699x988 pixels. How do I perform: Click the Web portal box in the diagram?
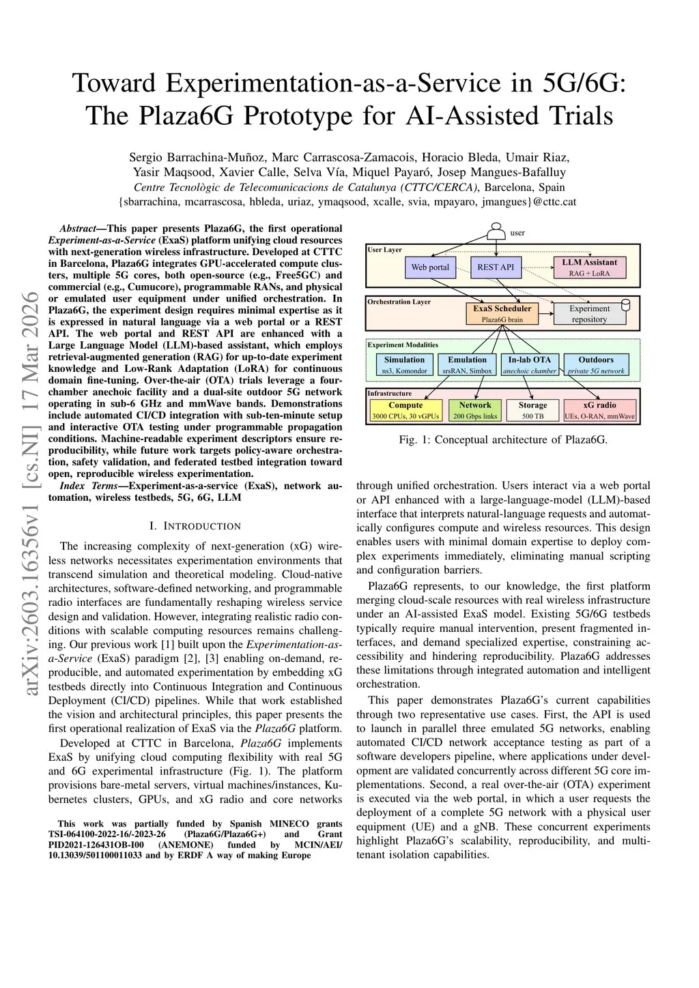point(430,267)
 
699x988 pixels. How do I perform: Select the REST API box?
point(496,267)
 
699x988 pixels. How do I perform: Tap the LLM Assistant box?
point(589,267)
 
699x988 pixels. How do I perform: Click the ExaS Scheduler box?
point(502,313)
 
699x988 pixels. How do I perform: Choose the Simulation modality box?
point(404,364)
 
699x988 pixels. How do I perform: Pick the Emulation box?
point(467,364)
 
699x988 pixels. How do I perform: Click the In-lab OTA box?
point(530,364)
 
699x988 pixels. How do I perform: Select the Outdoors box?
point(596,364)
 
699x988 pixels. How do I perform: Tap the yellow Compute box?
point(405,410)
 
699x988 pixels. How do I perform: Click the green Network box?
point(475,410)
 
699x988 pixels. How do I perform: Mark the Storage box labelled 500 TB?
point(532,410)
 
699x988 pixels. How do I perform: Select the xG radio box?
point(599,410)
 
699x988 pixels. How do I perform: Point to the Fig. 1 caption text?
point(503,439)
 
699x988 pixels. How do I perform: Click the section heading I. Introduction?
point(195,525)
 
